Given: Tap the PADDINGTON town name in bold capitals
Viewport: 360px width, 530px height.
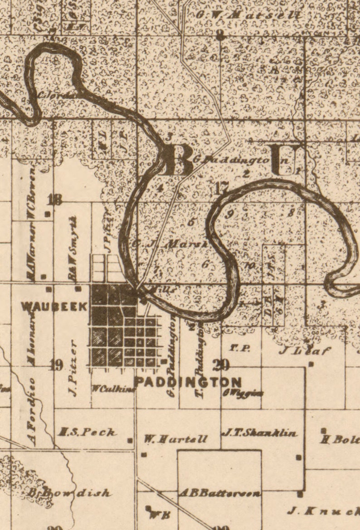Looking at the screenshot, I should pos(188,382).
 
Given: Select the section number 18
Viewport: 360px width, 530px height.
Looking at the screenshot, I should pos(55,199).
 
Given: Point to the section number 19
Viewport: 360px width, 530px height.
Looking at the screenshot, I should pos(56,365).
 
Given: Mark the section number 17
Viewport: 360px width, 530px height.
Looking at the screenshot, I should pos(222,187).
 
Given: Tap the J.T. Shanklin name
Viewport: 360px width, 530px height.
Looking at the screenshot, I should pos(260,433).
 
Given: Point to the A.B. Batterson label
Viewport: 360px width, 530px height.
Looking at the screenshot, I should pos(220,494).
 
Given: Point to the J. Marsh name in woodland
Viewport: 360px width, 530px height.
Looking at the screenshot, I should pos(177,244).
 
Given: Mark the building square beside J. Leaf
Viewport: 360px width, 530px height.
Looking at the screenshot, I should pos(311,364).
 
